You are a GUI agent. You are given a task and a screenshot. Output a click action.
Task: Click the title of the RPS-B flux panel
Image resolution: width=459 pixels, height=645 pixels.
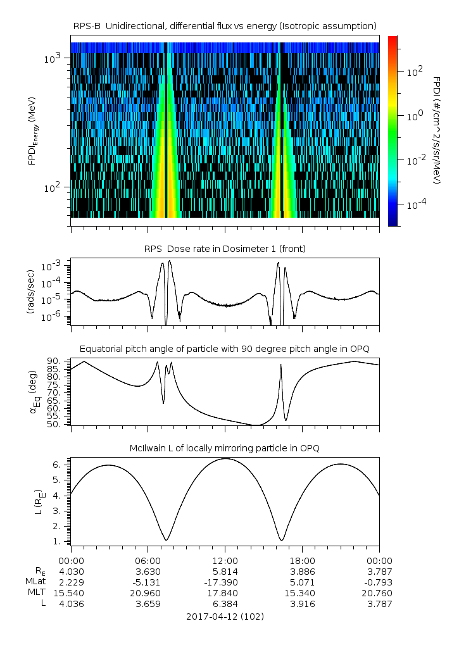click(225, 25)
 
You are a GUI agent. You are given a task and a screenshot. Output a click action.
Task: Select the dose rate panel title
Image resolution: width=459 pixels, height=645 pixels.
click(225, 249)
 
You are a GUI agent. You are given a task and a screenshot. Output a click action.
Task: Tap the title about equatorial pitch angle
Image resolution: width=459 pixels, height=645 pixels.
click(225, 349)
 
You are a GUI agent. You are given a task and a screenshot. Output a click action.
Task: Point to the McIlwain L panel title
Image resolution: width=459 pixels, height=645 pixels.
click(225, 448)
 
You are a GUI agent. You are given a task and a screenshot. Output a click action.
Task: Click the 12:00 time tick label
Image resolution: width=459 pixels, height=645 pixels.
click(225, 561)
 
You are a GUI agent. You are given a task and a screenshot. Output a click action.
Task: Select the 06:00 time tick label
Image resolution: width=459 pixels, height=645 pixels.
click(148, 561)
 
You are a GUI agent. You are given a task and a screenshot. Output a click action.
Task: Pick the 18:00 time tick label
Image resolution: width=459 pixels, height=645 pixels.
click(302, 561)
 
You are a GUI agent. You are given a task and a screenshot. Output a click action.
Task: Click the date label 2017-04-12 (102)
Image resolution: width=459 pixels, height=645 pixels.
click(225, 616)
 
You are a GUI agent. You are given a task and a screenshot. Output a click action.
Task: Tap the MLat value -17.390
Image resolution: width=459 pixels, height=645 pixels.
click(225, 582)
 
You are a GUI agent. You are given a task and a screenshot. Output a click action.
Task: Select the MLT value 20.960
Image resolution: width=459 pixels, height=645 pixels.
click(148, 593)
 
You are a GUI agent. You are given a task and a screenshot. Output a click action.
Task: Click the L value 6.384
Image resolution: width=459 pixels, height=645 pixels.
click(225, 604)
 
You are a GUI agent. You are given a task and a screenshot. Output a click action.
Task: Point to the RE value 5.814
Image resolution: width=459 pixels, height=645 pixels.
click(225, 572)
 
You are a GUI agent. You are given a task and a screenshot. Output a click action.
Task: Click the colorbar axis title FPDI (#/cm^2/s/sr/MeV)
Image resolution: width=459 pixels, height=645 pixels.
click(437, 130)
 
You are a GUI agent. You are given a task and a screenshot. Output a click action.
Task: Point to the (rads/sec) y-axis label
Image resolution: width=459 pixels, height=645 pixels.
click(30, 291)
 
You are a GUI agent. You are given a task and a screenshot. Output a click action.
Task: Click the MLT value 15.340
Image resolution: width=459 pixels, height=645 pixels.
click(302, 593)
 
